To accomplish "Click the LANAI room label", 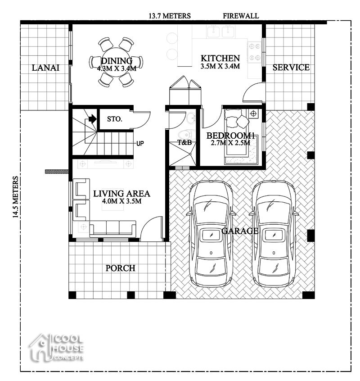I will pos(45,68).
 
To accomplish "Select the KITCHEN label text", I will pos(220,58).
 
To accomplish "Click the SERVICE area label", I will pos(291,68).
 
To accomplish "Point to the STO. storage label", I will pos(114,119).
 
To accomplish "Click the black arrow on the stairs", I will pos(92,119).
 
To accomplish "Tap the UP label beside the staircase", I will pos(140,144).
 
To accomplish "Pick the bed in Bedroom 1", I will pos(240,135).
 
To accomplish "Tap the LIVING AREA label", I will pos(121,194).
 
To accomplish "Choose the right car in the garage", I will pos(273,234).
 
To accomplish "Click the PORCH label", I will pos(120,268).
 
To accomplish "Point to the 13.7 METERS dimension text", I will pos(170,16).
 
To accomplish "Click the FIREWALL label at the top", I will pos(241,16).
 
